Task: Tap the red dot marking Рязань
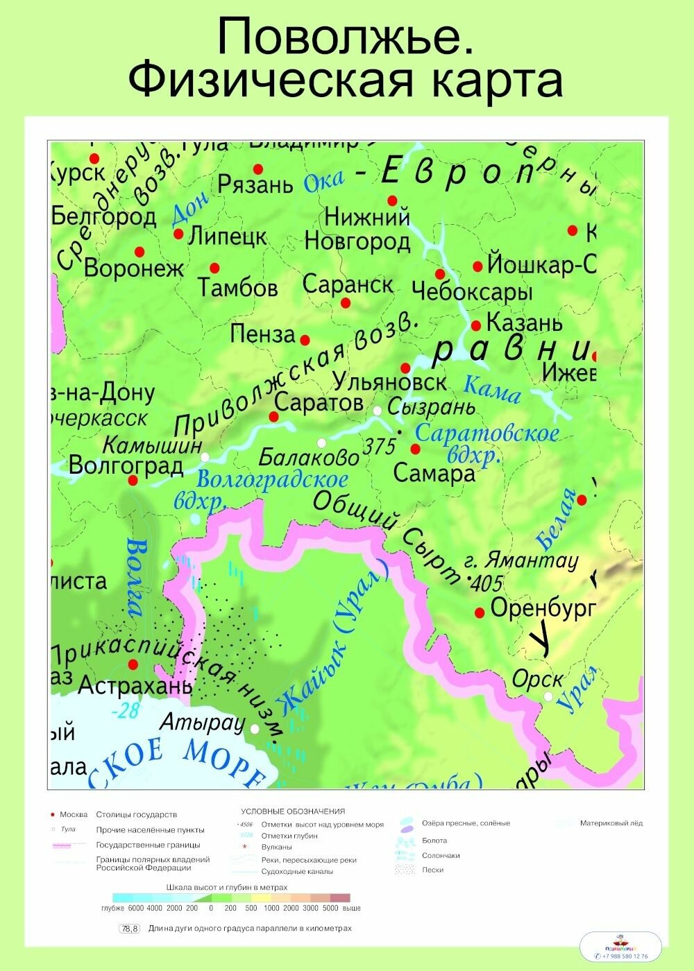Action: tap(258, 169)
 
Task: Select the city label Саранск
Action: tap(348, 284)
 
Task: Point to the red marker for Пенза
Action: tap(304, 340)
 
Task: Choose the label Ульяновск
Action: tap(389, 381)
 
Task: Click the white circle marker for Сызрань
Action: tap(378, 411)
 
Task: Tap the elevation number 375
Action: tap(379, 446)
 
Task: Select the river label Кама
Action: tap(491, 389)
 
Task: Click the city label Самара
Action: tap(434, 474)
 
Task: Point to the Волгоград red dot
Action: tap(133, 480)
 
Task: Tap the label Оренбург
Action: tap(543, 608)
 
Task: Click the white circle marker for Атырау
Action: tap(255, 729)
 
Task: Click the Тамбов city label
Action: tap(237, 287)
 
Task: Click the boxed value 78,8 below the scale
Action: tap(130, 929)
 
